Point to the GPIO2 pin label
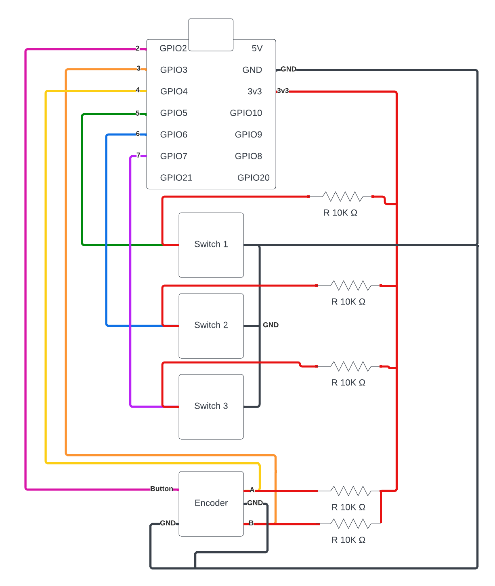(x=173, y=49)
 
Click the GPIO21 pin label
(x=176, y=178)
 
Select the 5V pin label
(x=257, y=49)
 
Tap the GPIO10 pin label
(x=246, y=113)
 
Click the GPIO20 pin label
(x=253, y=178)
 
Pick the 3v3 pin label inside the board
(x=254, y=91)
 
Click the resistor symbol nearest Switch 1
(x=342, y=197)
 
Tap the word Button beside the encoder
(x=162, y=489)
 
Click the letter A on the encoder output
(x=252, y=490)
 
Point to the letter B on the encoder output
(x=251, y=523)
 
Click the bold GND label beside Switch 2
(x=271, y=325)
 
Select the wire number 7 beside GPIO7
(x=138, y=155)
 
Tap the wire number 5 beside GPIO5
(x=138, y=113)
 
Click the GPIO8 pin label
(x=248, y=156)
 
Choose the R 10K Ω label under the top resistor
(x=340, y=213)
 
